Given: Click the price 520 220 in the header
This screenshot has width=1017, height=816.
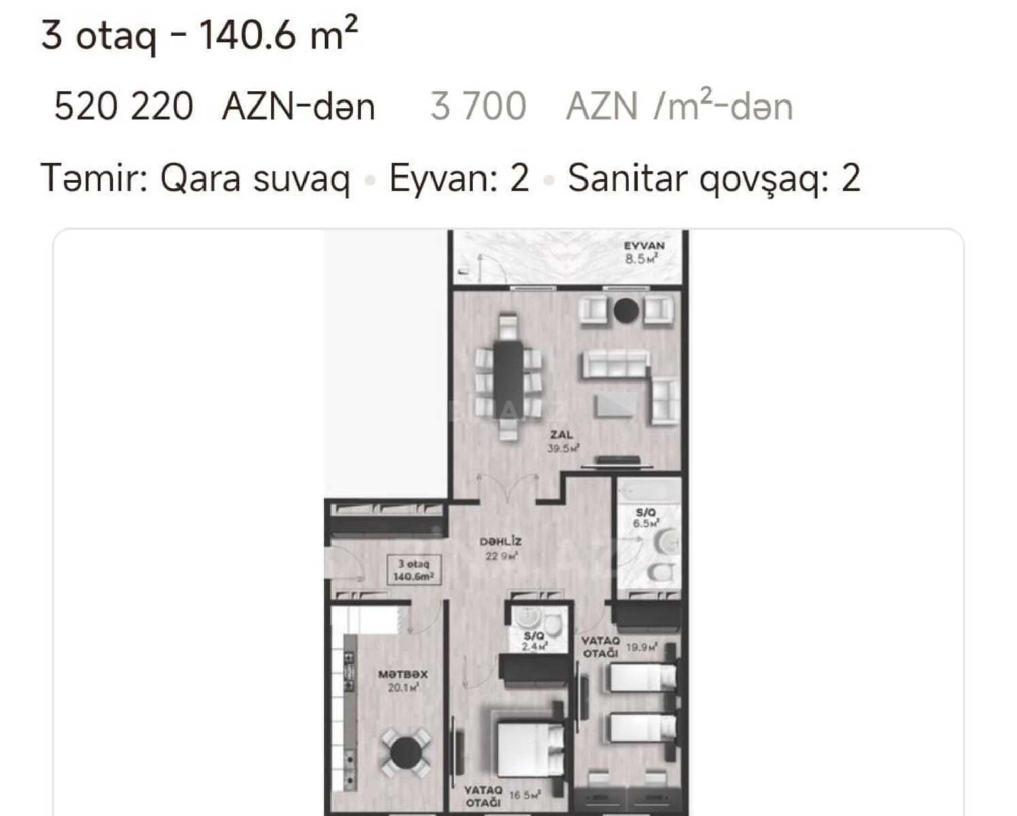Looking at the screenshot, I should click(123, 107).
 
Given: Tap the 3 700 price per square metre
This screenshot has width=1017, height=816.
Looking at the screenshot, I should click(478, 107).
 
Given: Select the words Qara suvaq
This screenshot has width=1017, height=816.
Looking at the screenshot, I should click(255, 178).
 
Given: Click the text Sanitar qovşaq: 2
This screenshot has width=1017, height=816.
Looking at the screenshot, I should click(714, 178).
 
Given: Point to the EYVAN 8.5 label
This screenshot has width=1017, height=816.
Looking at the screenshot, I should click(644, 252).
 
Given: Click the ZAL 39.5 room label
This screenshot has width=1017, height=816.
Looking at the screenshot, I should click(562, 442).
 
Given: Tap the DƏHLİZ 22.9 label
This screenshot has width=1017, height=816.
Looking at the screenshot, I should click(500, 548).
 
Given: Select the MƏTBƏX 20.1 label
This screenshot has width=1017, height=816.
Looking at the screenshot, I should click(403, 681).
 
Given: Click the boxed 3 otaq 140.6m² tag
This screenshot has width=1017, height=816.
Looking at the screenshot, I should click(414, 570).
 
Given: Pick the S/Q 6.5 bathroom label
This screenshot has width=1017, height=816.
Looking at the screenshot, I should click(646, 518).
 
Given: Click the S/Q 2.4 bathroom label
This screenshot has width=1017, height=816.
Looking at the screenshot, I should click(534, 641).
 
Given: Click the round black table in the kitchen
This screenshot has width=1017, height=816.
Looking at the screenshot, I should click(406, 753).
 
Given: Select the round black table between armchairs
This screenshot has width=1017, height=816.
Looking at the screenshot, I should click(626, 310).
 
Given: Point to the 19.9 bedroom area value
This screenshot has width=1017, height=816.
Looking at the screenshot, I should click(642, 647).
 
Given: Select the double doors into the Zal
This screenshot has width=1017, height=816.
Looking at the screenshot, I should click(507, 490).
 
